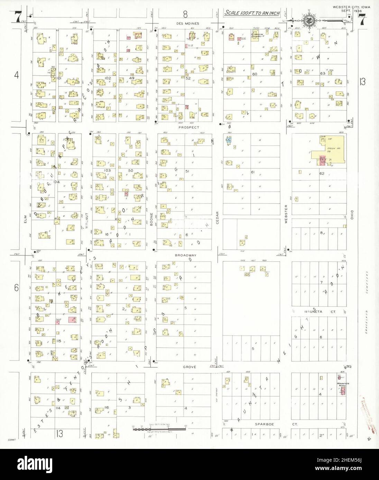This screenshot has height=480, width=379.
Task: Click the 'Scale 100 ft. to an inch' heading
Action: click(x=252, y=13)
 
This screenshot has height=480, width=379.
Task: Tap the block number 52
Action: click(x=188, y=78)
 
